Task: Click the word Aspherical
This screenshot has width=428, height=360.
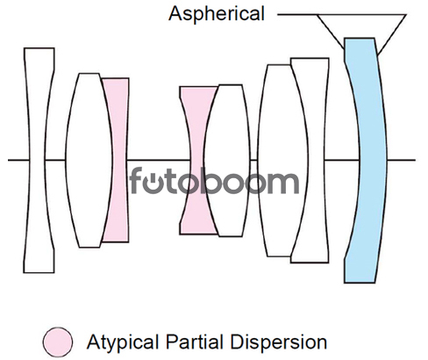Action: click(x=217, y=14)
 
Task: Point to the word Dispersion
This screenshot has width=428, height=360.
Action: click(x=278, y=342)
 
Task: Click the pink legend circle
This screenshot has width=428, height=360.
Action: click(x=58, y=342)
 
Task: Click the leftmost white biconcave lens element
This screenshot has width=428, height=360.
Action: click(x=38, y=161)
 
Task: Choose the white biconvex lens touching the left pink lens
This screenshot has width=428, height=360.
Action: click(x=88, y=161)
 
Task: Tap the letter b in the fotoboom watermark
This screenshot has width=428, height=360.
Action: click(x=213, y=181)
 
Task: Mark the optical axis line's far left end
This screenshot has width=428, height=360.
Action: click(x=8, y=160)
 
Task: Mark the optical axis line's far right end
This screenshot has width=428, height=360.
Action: click(x=415, y=160)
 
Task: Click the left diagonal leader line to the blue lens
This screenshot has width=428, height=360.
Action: click(x=331, y=32)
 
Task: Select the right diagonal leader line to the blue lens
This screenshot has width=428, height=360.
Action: click(x=392, y=34)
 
